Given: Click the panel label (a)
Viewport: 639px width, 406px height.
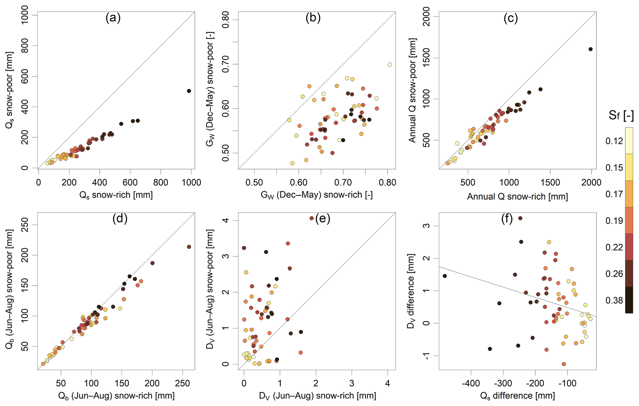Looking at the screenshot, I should [x=113, y=19].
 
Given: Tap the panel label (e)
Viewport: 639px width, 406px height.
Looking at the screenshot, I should [x=322, y=219].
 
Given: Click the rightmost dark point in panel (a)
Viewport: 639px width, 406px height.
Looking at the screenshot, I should [x=189, y=91].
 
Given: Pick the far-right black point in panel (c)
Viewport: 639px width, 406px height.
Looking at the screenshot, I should [x=590, y=49].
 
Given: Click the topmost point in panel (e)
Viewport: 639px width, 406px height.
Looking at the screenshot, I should [x=312, y=218].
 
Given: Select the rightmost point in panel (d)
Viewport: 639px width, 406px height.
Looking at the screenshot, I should [x=189, y=247].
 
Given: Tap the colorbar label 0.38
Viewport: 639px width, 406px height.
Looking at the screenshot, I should [x=614, y=301].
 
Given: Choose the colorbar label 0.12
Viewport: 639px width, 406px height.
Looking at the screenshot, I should [x=614, y=141].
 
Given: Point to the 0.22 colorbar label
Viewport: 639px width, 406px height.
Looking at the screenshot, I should [x=614, y=247].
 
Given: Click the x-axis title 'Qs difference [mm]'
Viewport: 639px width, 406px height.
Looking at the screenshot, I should [x=518, y=396].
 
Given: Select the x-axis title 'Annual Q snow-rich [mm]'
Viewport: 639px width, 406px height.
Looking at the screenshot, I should [x=518, y=197].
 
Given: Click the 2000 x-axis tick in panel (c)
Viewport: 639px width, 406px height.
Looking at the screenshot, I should [x=591, y=182].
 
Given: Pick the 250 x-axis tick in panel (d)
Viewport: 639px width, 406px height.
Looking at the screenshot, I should [x=182, y=384].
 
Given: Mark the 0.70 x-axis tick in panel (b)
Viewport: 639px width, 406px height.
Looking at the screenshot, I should [x=343, y=182].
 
